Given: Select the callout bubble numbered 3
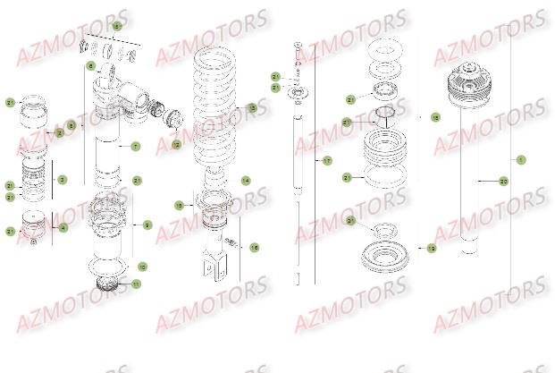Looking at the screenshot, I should (x=63, y=180).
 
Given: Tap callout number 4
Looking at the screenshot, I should (x=63, y=227).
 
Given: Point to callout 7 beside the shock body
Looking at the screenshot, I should (x=136, y=146).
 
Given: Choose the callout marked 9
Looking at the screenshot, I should (x=147, y=225).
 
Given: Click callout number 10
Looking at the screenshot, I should (x=142, y=267).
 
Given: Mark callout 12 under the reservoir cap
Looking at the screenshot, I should (x=176, y=144).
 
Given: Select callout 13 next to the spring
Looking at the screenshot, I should (x=252, y=108).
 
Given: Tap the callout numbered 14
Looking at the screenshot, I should (x=246, y=180).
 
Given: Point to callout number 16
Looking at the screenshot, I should (x=254, y=248).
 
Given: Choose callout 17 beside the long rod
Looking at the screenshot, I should (x=327, y=161).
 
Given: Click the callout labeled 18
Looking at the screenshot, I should (x=435, y=117).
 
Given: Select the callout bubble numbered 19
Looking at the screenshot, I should (x=432, y=248).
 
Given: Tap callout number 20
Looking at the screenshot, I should (x=504, y=181).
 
